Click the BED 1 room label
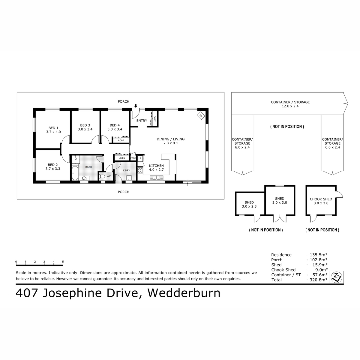[x=53, y=128]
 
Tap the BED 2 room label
[x=53, y=165]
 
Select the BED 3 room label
[x=85, y=125]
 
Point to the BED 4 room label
[x=115, y=125]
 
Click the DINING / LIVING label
[x=170, y=139]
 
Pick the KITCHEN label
[x=156, y=166]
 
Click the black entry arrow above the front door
[x=136, y=106]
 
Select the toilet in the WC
[x=102, y=176]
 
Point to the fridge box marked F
[x=140, y=158]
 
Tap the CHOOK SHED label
[x=321, y=199]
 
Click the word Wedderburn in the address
[x=184, y=293]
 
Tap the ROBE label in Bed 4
[x=121, y=140]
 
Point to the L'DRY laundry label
[x=127, y=170]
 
